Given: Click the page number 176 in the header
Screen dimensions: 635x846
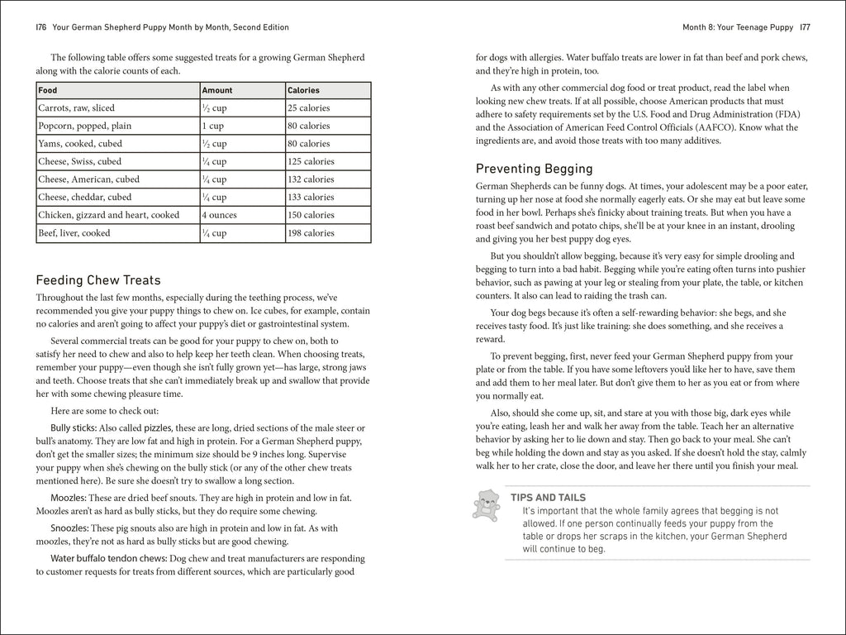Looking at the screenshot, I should pyautogui.click(x=40, y=27).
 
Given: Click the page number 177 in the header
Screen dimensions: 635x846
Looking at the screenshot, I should pyautogui.click(x=804, y=27).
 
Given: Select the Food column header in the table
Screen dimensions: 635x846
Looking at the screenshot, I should pyautogui.click(x=48, y=90).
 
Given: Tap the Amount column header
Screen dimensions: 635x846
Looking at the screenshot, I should pyautogui.click(x=217, y=90).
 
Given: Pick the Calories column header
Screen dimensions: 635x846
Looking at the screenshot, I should pyautogui.click(x=303, y=90).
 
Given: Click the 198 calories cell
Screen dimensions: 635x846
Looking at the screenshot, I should pyautogui.click(x=311, y=233).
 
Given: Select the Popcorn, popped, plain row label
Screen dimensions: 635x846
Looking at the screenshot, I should pyautogui.click(x=84, y=126).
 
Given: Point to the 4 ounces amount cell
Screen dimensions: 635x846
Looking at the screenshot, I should pyautogui.click(x=221, y=215).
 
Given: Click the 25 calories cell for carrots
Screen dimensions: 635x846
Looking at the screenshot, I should pyautogui.click(x=308, y=108).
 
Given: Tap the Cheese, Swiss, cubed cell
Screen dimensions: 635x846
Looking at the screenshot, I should pyautogui.click(x=79, y=161).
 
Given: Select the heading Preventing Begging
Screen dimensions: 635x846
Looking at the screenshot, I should pyautogui.click(x=534, y=169).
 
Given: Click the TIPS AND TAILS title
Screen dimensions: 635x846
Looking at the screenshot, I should pyautogui.click(x=548, y=498).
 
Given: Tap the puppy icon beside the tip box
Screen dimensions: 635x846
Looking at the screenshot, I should pyautogui.click(x=485, y=506).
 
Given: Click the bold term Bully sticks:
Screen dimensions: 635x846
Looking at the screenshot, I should pyautogui.click(x=74, y=427).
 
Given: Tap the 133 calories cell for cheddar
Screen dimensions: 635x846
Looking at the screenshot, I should pyautogui.click(x=311, y=197).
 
